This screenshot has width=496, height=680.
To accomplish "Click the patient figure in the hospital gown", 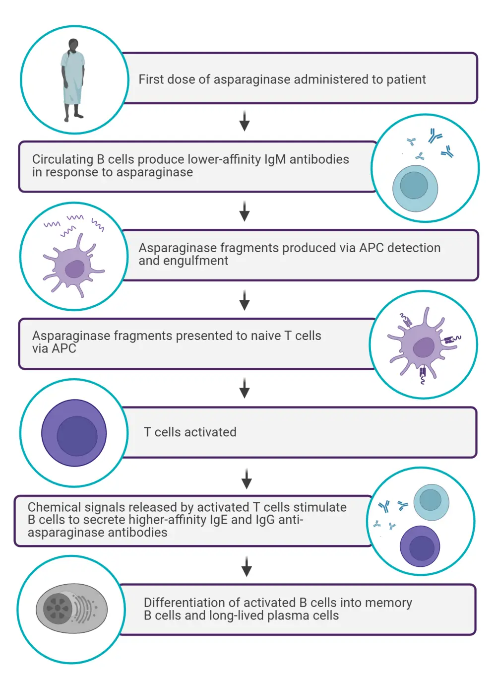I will tap(73, 79).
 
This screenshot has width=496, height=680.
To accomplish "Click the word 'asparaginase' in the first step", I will tap(251, 79).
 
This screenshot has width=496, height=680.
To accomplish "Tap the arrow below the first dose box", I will tap(245, 121).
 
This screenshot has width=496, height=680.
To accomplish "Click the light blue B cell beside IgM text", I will tap(415, 188).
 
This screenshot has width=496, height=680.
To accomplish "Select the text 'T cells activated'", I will tap(190, 432).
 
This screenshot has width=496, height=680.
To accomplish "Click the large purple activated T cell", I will tap(74, 433).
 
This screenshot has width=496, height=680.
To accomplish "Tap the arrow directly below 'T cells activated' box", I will tap(247, 478).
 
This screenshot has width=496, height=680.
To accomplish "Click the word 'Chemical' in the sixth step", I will tap(54, 507).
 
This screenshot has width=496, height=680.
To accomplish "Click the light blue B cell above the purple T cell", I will tap(431, 502).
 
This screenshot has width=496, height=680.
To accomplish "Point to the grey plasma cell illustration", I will tap(71, 608).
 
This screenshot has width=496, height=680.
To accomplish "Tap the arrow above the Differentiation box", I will tap(247, 566).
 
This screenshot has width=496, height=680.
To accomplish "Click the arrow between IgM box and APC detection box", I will tap(245, 211).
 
